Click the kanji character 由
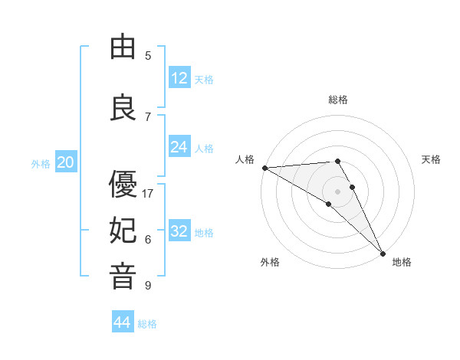123,47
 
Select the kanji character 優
123,185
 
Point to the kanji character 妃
123,231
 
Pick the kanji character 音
123,277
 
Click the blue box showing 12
179,78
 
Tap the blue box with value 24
179,147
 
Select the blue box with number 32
179,231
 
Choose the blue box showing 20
66,162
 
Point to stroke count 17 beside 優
148,194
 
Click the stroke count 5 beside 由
148,56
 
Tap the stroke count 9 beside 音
148,286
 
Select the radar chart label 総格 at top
338,100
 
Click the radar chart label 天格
432,159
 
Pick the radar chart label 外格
270,262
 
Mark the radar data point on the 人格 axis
264,168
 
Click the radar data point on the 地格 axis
383,252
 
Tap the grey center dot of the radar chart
338,191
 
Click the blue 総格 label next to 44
147,324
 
